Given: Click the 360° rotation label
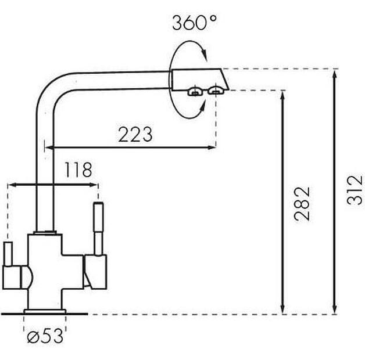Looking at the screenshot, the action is (194, 23).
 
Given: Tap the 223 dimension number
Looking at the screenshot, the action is (135, 134).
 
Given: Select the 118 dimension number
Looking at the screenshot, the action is (78, 170).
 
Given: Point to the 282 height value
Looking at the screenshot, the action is (302, 204).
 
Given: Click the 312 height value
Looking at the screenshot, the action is (355, 190).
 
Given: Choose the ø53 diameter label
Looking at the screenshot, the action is (45, 336).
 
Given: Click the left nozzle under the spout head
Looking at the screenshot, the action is (195, 92).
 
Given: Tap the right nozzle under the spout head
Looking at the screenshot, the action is (216, 91).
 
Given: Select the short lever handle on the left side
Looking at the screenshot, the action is (8, 254).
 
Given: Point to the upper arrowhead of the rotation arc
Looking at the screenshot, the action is (204, 55).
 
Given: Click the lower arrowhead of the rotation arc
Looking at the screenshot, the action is (202, 107).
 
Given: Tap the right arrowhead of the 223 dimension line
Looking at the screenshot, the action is (211, 147).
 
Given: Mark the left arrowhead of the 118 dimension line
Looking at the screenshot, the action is (13, 185).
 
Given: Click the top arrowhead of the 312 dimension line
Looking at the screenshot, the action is (335, 75).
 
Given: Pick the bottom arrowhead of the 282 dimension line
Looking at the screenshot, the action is (282, 309).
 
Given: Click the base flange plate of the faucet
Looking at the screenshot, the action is (45, 311).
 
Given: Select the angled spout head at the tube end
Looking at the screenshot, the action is (200, 80).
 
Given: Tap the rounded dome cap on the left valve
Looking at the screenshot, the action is (27, 277).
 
